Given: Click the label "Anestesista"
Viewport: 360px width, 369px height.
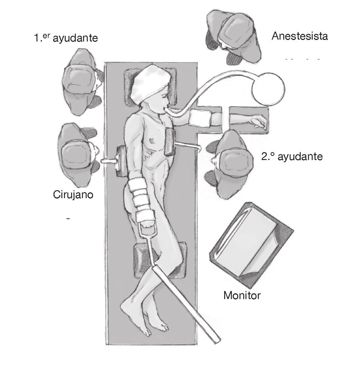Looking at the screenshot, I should pyautogui.click(x=300, y=36).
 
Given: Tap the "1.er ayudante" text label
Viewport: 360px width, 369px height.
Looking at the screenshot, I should pyautogui.click(x=66, y=38).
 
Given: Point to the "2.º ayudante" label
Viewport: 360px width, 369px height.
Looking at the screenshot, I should pyautogui.click(x=292, y=157).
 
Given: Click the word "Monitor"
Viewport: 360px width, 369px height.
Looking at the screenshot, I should pyautogui.click(x=242, y=295).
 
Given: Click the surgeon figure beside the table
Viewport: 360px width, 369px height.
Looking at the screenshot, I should pyautogui.click(x=78, y=156).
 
